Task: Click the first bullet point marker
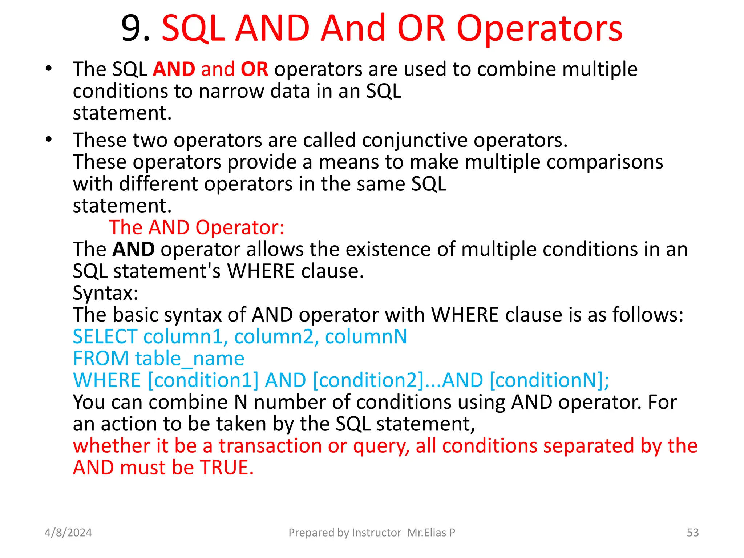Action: [49, 69]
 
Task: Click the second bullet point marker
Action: [49, 139]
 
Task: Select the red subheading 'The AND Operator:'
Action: [197, 227]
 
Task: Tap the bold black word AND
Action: [133, 249]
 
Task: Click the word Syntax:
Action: [105, 293]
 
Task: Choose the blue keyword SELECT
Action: [105, 336]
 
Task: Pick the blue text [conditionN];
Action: [549, 380]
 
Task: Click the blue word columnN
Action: [366, 336]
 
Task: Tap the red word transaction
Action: [270, 446]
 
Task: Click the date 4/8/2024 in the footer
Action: [68, 533]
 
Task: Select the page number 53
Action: [692, 533]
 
